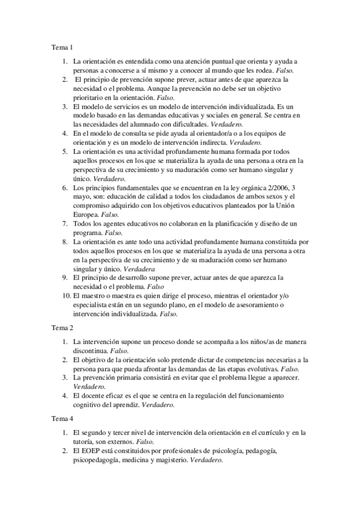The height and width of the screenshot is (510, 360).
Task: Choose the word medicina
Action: [141, 459]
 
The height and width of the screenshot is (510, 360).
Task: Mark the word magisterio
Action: [172, 459]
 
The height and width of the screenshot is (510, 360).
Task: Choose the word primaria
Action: [132, 377]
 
